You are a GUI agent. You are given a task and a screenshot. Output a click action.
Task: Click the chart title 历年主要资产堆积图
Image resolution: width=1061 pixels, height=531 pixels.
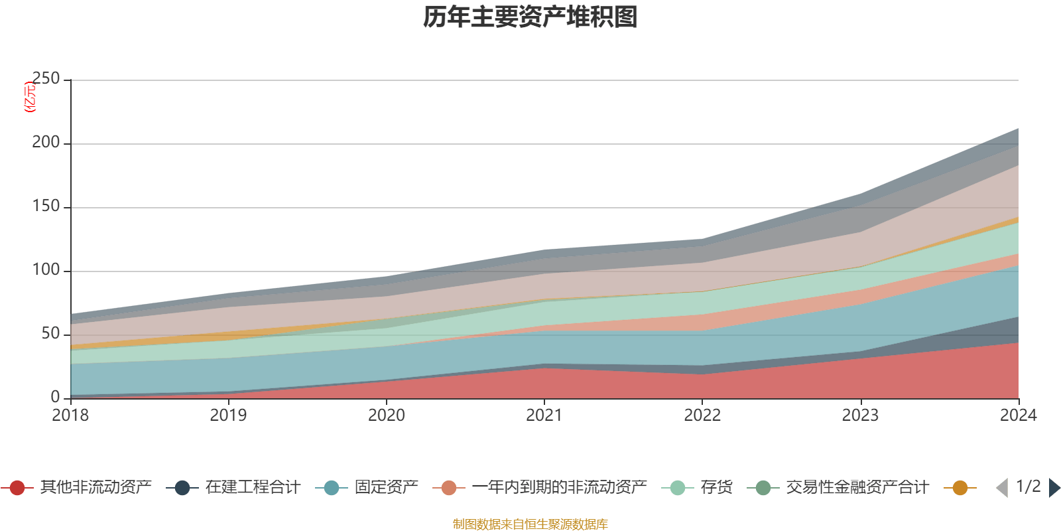[x=530, y=17]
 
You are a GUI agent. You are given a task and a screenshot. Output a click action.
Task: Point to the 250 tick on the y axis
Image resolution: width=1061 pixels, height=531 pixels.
[x=46, y=79]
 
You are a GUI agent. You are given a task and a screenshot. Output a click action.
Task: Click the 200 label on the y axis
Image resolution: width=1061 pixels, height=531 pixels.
[x=46, y=143]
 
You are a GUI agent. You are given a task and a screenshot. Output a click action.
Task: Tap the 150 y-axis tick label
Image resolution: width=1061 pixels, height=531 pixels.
[x=46, y=206]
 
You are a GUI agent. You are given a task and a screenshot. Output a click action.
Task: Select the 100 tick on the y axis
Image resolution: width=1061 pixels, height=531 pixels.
[x=46, y=270]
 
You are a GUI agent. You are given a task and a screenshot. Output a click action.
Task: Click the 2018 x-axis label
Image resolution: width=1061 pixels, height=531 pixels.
[x=70, y=416]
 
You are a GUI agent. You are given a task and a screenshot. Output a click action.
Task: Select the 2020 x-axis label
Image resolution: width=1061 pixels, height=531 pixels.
[x=387, y=416]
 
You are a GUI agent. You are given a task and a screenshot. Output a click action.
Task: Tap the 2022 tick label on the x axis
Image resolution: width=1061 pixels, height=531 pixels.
[x=702, y=416]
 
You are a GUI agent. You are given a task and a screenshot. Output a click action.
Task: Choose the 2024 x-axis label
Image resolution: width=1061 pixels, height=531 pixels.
[x=1018, y=416]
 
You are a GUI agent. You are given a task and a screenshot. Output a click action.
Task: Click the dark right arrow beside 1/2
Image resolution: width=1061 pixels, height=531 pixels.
[x=1054, y=488]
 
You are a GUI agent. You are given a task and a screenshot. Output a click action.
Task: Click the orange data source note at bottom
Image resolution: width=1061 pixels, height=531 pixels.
[x=530, y=524]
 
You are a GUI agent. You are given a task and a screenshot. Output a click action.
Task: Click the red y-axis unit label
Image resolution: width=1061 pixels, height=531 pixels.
[x=30, y=98]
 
